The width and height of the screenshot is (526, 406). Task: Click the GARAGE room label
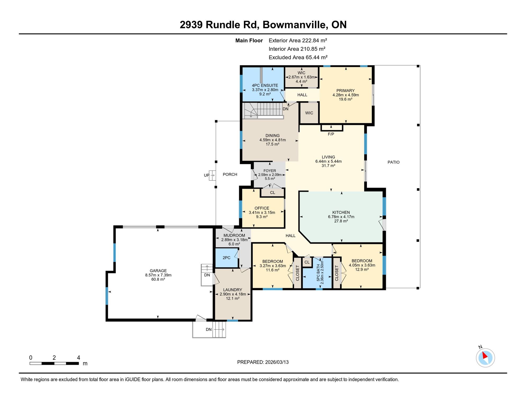point(158,271)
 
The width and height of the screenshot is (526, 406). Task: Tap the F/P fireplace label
point(331,134)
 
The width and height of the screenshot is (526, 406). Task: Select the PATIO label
point(393,162)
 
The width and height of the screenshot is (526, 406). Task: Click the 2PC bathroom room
point(226,258)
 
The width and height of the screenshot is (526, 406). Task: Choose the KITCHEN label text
point(341,213)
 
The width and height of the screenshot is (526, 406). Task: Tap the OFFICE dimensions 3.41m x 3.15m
point(262,213)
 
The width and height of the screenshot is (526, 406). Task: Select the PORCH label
point(230,174)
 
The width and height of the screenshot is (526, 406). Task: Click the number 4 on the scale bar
point(79,358)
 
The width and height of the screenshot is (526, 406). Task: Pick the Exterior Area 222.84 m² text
point(298,40)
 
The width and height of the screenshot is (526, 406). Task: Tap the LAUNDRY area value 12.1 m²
point(233,298)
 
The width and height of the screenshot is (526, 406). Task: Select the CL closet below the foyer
point(273,193)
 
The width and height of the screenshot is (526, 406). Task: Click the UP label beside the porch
point(206,175)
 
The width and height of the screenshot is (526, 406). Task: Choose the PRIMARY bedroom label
point(346,91)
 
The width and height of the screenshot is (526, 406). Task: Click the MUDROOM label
point(234,236)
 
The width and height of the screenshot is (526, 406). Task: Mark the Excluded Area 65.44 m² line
point(298,57)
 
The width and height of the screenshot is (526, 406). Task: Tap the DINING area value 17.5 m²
point(272,144)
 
